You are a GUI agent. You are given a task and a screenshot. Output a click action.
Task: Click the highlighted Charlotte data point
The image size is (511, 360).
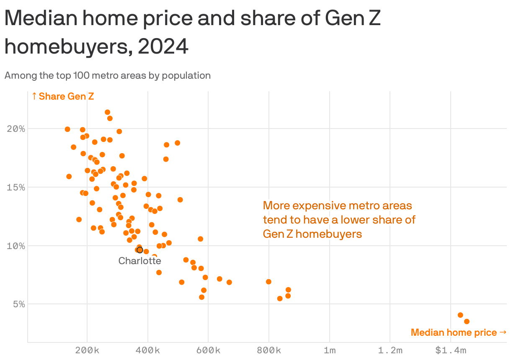(140, 250)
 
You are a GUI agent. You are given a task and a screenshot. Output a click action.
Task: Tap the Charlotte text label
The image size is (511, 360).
(139, 261)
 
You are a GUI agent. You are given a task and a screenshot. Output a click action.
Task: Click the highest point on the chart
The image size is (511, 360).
(107, 112)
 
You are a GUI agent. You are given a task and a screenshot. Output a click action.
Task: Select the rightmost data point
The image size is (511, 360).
(467, 321)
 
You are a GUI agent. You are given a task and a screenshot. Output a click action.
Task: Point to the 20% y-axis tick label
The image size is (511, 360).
(16, 129)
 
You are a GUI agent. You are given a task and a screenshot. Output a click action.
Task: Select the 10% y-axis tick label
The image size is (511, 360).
(16, 246)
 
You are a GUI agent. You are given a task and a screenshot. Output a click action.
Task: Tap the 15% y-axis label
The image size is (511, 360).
(16, 187)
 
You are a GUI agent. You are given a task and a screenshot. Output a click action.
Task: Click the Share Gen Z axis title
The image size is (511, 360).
(63, 97)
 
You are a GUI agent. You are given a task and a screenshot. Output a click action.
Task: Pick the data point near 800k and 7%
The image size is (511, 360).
(268, 282)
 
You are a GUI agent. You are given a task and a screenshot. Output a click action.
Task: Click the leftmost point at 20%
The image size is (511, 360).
(67, 129)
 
